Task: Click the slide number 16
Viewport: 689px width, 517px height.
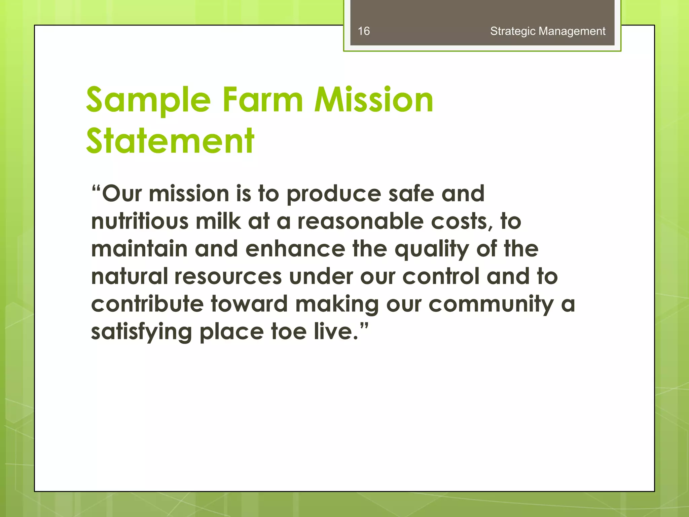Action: pyautogui.click(x=364, y=31)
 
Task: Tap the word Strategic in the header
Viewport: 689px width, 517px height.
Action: pyautogui.click(x=513, y=31)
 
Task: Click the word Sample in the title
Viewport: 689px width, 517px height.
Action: pyautogui.click(x=148, y=100)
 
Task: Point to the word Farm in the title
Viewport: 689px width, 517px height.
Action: pyautogui.click(x=263, y=100)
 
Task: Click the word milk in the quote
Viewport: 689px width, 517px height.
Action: pyautogui.click(x=218, y=221)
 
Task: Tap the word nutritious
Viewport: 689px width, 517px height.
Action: pyautogui.click(x=140, y=221)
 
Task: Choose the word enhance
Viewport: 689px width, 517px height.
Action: pyautogui.click(x=295, y=249)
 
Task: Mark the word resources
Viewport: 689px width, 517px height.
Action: pyautogui.click(x=228, y=277)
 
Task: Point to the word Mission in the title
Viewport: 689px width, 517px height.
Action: pyautogui.click(x=374, y=100)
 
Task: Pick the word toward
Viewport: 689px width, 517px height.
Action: pyautogui.click(x=249, y=304)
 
